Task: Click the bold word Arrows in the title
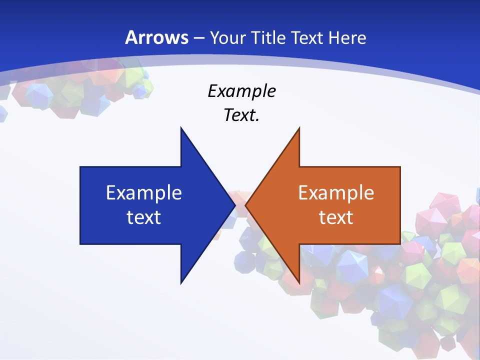point(156,37)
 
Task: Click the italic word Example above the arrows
point(241,91)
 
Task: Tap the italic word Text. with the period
point(241,115)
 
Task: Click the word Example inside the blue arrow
point(144,193)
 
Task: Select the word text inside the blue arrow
point(144,217)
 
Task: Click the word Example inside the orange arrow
point(336,193)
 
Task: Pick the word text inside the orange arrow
point(336,217)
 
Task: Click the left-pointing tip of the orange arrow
point(246,205)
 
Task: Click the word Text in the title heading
point(308,37)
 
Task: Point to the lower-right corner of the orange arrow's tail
point(399,243)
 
